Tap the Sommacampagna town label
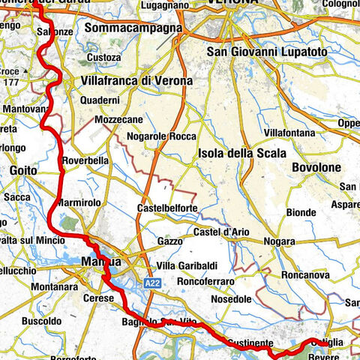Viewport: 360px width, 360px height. pos(134,28)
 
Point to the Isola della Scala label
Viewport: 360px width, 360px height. pos(241,153)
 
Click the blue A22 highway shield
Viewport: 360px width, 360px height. pos(152,281)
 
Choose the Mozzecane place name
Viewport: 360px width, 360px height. pos(117,120)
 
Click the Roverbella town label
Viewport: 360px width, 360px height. pos(87,160)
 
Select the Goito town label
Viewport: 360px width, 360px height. pos(22,171)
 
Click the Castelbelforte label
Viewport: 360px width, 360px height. pos(170,208)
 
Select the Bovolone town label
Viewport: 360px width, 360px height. pos(317,167)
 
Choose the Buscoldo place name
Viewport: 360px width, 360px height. pos(42,320)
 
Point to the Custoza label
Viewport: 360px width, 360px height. pos(104,57)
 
